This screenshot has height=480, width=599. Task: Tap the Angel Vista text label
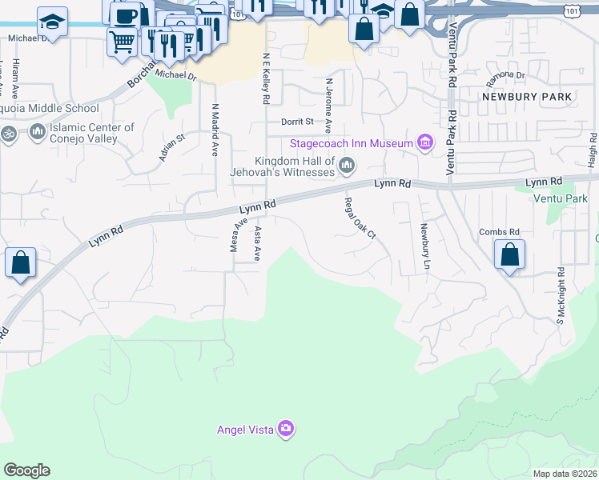[x=245, y=430]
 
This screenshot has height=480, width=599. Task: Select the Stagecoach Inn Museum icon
[x=425, y=143]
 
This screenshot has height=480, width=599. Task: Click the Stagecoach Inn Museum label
[x=352, y=143]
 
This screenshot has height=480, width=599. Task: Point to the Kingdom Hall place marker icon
[x=347, y=166]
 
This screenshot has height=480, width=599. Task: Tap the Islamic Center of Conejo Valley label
[x=91, y=133]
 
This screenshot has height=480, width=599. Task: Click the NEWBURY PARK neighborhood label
[x=527, y=96]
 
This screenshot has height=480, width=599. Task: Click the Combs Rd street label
[x=500, y=232]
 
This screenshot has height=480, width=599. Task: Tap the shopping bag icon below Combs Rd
[x=509, y=256]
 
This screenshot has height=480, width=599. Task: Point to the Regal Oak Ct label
[x=360, y=218]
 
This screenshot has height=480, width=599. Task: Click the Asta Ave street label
[x=258, y=243]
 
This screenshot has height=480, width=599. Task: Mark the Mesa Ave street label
[x=235, y=237]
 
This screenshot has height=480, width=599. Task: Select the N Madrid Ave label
[x=215, y=129]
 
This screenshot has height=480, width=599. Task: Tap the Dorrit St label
[x=297, y=122]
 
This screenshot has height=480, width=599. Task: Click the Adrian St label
[x=171, y=147]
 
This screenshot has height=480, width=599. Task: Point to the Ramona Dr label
[x=505, y=79]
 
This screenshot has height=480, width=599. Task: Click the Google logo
[x=26, y=470]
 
